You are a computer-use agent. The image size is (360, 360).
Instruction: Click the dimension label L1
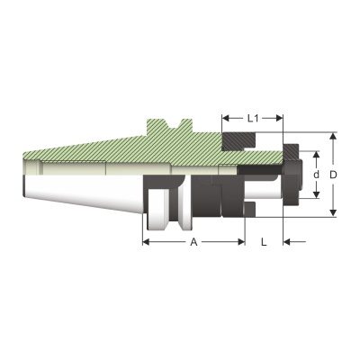[x=253, y=119]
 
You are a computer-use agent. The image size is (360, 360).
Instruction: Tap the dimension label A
[x=193, y=242]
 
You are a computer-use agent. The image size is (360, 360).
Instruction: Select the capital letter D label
[x=333, y=175]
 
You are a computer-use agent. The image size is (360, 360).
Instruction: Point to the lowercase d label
[x=316, y=175]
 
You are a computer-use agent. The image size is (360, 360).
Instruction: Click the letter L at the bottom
[x=264, y=242]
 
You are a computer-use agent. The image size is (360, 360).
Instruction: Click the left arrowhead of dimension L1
[x=226, y=119]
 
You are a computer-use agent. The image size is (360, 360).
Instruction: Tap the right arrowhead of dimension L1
[x=279, y=119]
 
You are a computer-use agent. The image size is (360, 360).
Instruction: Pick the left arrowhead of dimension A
[x=146, y=242]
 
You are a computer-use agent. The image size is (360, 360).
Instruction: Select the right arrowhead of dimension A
[x=241, y=242]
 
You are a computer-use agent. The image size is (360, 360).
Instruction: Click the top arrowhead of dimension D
[x=333, y=136]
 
